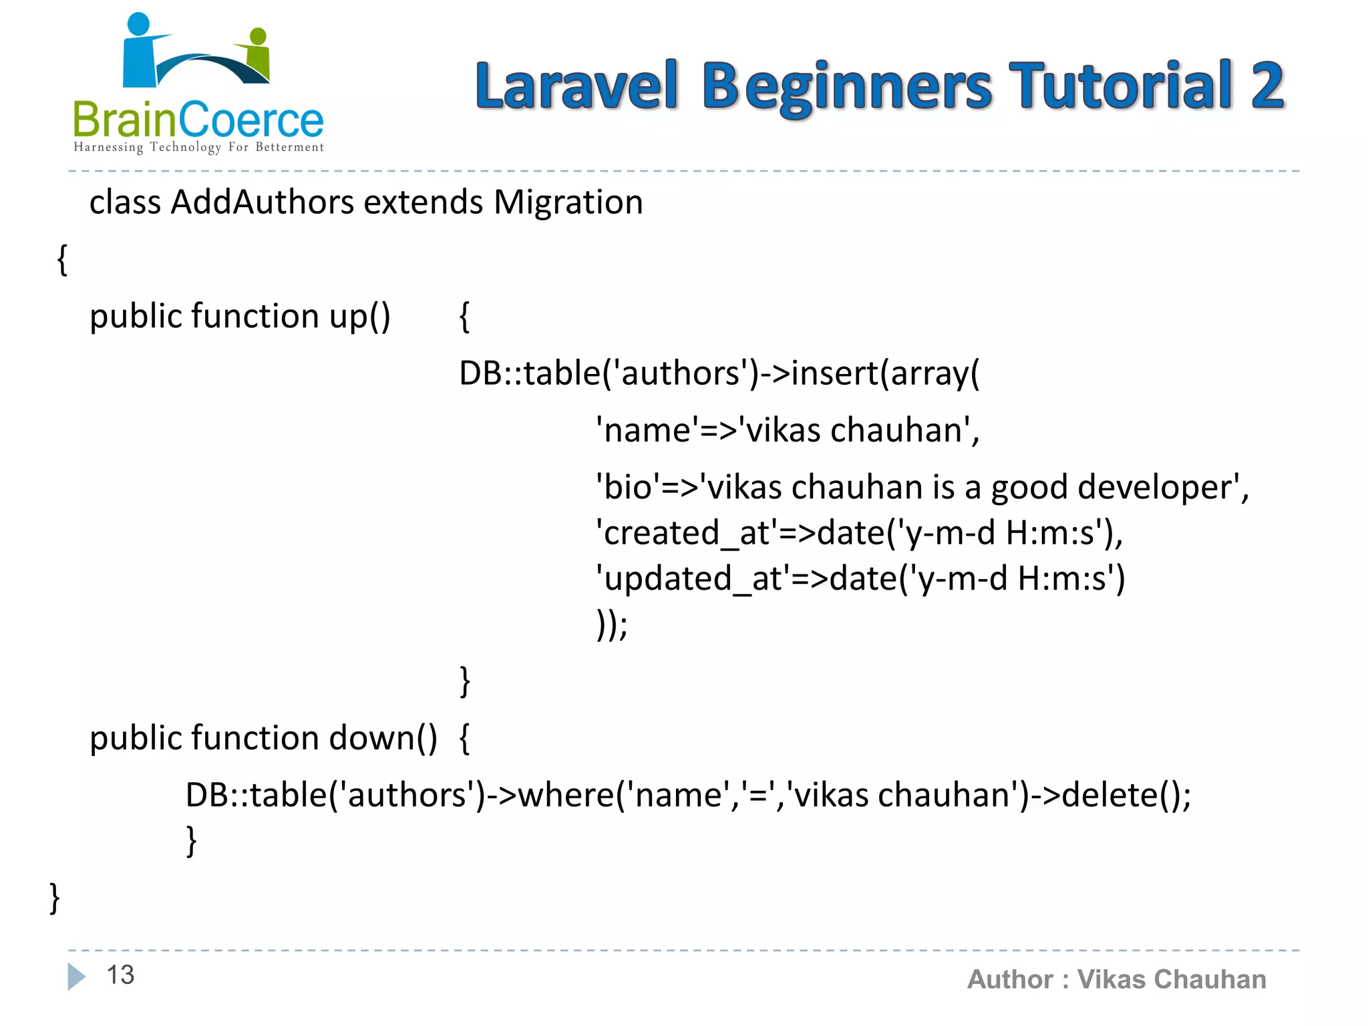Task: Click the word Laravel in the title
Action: pos(576,85)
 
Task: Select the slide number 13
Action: pos(121,975)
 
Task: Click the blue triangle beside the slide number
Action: pos(76,976)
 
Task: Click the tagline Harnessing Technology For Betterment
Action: pos(198,147)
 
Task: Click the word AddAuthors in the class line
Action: pos(262,202)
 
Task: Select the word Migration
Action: pos(568,202)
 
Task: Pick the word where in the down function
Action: pos(566,795)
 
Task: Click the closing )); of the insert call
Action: pos(612,625)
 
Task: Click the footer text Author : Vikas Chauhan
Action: pos(1116,979)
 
